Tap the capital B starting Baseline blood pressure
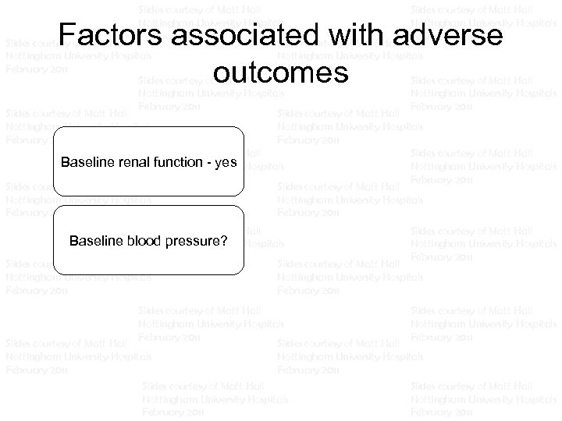[x=73, y=239]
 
